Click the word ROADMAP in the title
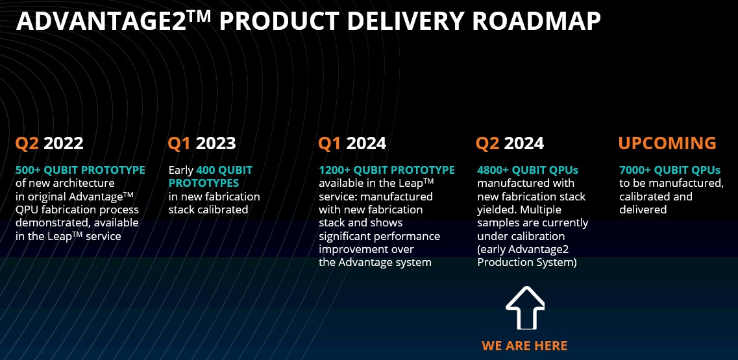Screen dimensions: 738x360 point(536,21)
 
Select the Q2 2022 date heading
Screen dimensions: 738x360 point(49,143)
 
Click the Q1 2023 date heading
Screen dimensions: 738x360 point(202,143)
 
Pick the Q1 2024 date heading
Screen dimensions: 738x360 point(352,143)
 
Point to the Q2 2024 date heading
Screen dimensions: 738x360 point(510,143)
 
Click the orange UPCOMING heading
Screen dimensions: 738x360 point(667,143)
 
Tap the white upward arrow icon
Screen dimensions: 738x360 point(525,307)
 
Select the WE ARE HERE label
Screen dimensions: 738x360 point(525,346)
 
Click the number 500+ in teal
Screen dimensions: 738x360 point(29,170)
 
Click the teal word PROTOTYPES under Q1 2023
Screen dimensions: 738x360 point(204,183)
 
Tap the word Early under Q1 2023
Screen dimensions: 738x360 point(181,171)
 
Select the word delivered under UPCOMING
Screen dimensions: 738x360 point(643,210)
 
